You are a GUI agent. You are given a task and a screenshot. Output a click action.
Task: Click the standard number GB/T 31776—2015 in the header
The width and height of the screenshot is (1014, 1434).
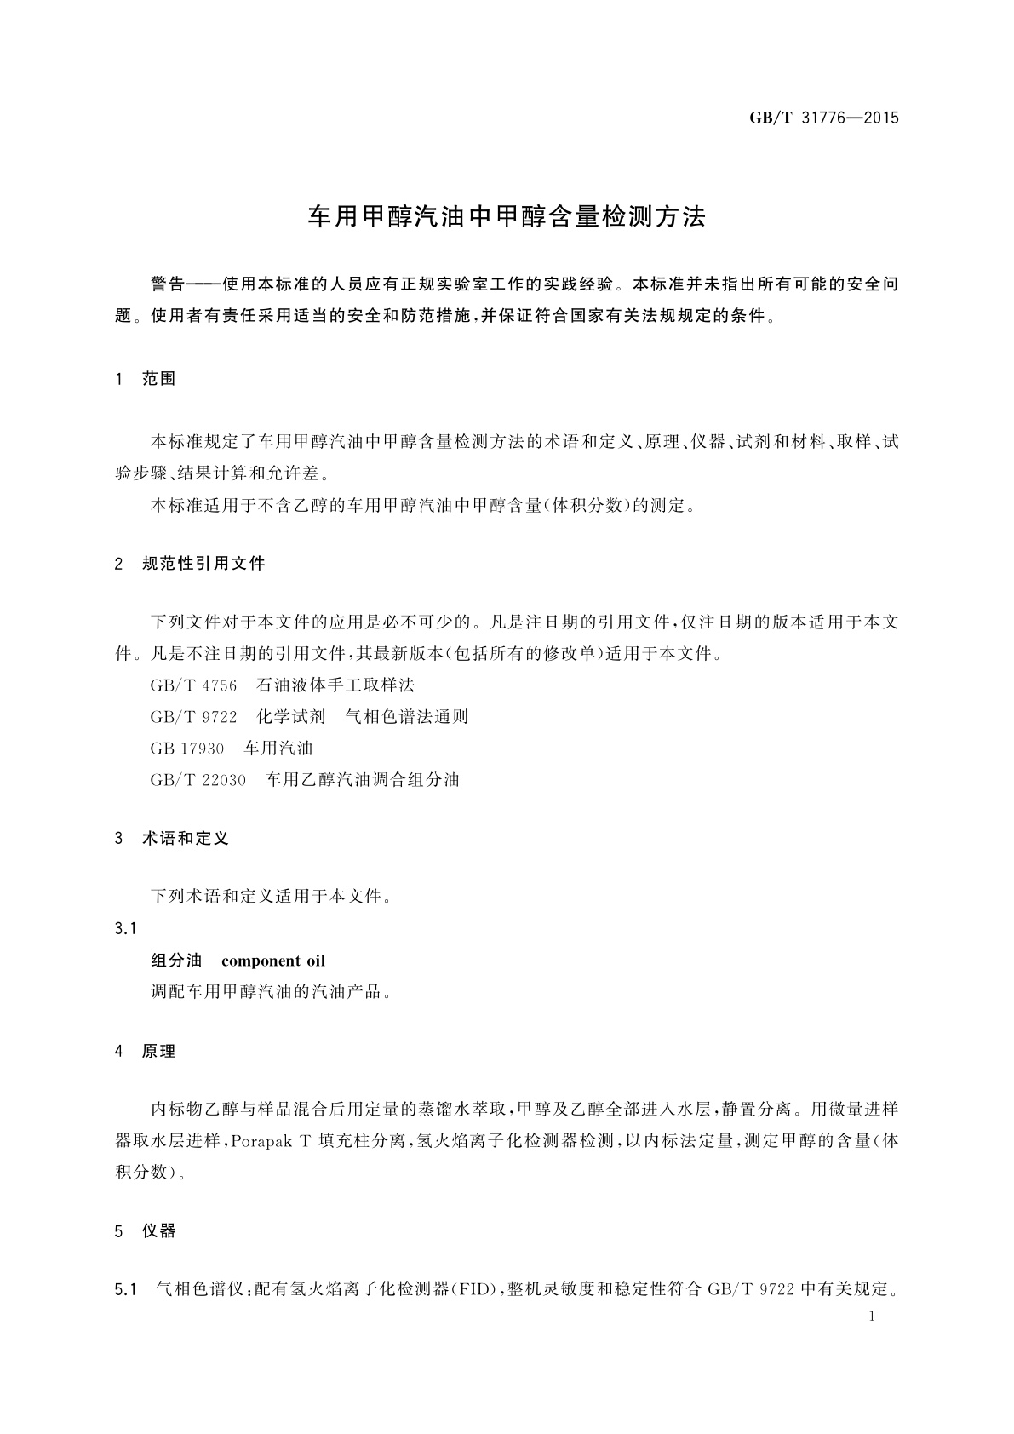tap(823, 118)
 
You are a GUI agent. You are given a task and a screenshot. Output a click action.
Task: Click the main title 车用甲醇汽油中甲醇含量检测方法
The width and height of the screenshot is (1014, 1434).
tap(507, 217)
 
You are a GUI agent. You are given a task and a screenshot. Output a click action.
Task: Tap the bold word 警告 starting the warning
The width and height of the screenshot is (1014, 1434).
tap(167, 284)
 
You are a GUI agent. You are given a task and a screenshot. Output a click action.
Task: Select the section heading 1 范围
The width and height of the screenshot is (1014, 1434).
tap(146, 379)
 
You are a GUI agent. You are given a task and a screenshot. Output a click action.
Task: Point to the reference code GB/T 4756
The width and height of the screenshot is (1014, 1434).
tap(193, 685)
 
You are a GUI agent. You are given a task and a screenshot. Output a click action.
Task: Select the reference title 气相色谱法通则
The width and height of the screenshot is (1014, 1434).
tap(406, 717)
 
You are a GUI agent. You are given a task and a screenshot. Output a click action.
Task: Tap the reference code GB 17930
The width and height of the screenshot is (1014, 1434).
tap(187, 749)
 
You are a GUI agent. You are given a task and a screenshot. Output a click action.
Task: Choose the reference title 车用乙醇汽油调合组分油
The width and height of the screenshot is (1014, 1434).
tap(363, 780)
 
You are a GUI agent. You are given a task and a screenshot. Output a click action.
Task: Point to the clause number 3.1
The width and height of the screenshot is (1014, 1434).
tap(125, 928)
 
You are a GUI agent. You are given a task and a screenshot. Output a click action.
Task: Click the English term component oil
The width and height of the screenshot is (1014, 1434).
tap(273, 961)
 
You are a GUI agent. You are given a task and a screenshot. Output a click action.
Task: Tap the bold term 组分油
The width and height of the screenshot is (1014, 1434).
tap(176, 961)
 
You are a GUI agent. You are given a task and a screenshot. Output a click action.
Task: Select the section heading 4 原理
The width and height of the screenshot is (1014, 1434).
tap(146, 1052)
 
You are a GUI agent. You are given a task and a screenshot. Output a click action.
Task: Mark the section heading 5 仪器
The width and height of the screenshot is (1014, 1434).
tap(146, 1231)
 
